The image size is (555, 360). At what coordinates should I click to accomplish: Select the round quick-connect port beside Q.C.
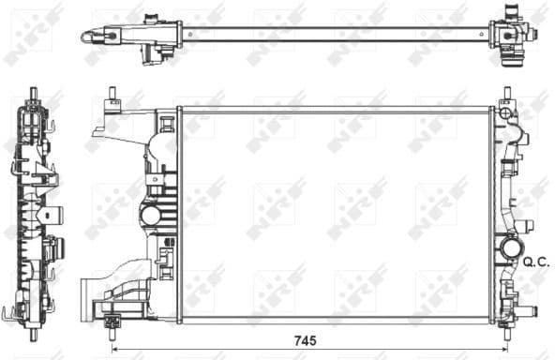tap(511, 249)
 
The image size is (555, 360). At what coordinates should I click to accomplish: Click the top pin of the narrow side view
tap(35, 94)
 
